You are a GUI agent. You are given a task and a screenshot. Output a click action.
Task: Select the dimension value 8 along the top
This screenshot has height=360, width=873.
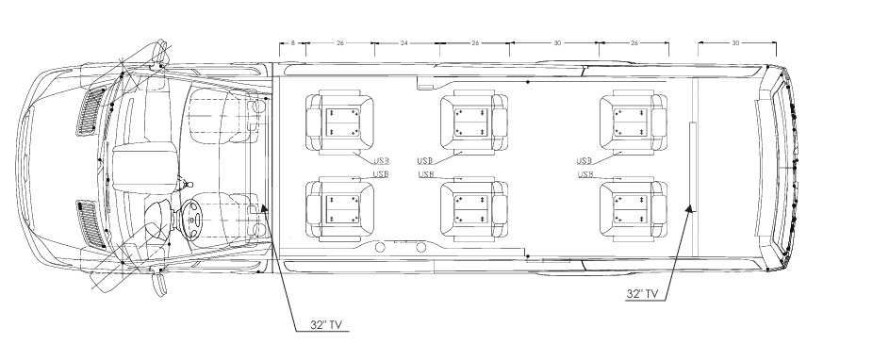coord(293,43)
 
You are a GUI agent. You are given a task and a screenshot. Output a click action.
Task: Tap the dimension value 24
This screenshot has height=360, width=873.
coord(404,43)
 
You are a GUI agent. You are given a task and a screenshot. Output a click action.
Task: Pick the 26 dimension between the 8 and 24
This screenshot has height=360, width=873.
coord(338,43)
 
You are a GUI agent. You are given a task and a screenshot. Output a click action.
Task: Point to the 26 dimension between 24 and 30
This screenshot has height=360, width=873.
coord(475,43)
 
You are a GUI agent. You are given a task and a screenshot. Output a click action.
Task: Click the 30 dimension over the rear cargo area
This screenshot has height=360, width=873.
coord(735,43)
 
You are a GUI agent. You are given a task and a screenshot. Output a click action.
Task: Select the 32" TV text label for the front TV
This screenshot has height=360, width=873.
coord(325,324)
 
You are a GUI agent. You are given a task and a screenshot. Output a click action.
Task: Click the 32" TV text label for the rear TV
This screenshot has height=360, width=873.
coord(642,294)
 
